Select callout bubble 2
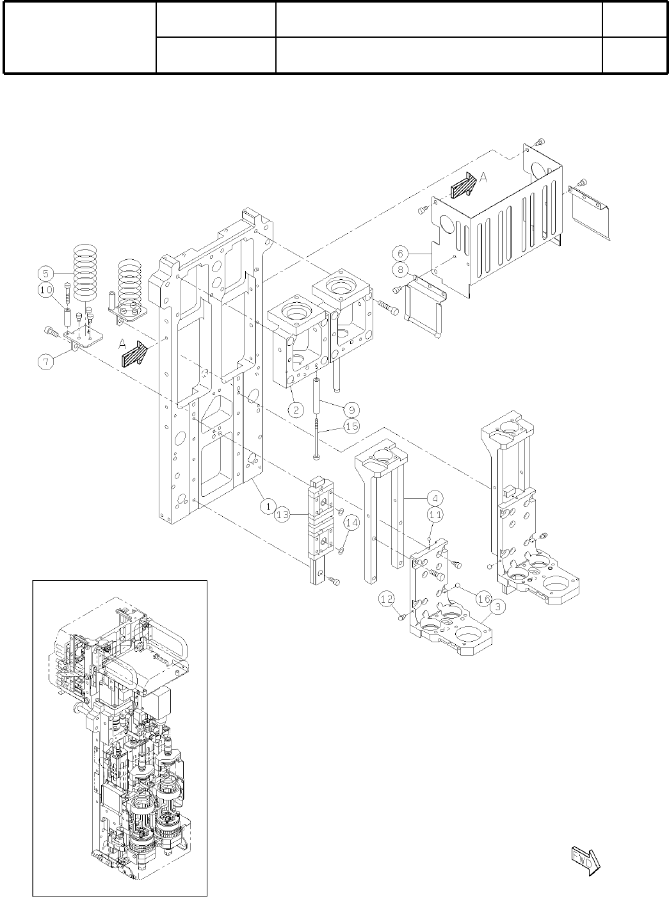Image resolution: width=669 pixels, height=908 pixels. coord(295,410)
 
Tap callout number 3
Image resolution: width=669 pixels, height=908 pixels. coord(496,604)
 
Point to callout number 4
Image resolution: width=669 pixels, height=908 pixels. coord(434,498)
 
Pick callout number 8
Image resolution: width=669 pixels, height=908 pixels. coord(400,270)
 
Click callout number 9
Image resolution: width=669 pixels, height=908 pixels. coord(351,409)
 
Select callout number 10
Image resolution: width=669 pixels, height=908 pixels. coord(45,289)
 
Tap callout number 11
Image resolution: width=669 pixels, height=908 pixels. coord(435,514)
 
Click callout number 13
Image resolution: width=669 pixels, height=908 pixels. coord(282,514)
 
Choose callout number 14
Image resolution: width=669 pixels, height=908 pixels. coord(351,523)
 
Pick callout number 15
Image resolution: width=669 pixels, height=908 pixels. coord(351,425)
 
